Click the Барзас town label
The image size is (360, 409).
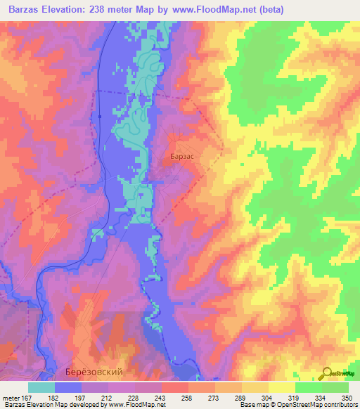[182, 158]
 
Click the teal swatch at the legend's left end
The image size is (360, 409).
[41, 387]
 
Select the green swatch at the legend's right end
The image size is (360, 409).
[335, 387]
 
